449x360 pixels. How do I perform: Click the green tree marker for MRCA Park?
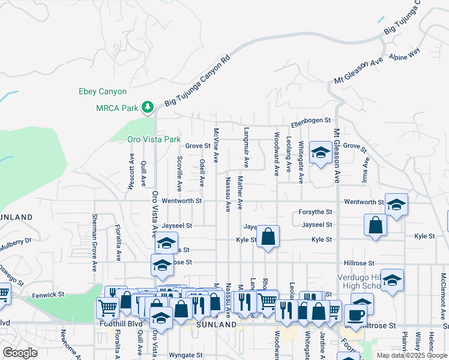coord(148,107)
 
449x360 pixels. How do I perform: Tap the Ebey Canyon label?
coord(103,92)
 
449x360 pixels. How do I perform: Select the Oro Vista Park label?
coord(154,139)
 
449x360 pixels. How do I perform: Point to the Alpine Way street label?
coord(405,56)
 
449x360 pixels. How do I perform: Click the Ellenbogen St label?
coord(311,121)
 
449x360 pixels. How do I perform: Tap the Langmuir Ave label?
coord(246,147)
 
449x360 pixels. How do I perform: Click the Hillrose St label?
coord(359,263)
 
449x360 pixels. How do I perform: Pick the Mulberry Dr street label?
coord(16,243)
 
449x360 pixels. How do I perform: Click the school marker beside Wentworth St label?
coord(396,204)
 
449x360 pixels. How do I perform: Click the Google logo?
coord(20,353)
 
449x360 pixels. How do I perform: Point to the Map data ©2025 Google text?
coord(411,355)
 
